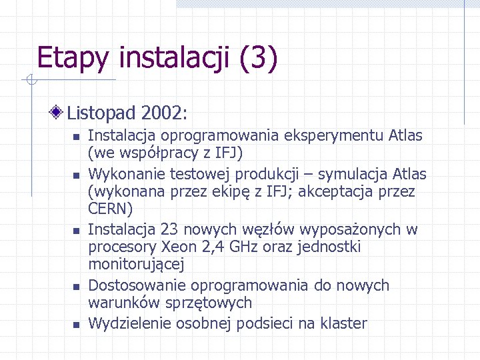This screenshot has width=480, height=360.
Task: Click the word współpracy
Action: tap(149, 153)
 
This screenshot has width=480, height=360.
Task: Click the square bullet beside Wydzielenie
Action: tap(76, 325)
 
